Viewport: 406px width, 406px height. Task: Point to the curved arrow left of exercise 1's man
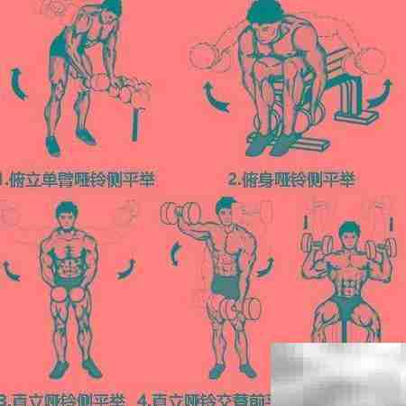[x=17, y=82]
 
